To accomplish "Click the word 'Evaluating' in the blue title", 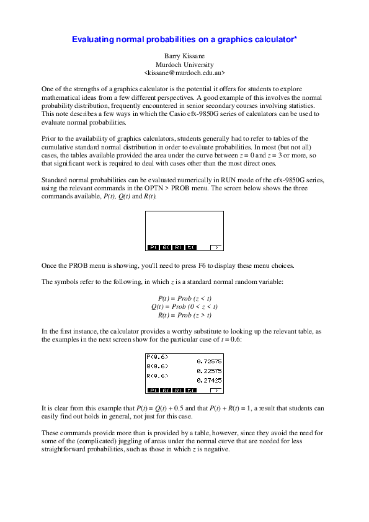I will click(x=91, y=39).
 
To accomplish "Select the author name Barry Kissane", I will click(x=184, y=56).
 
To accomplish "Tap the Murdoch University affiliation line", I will click(x=184, y=64).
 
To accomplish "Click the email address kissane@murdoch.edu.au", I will click(x=184, y=73).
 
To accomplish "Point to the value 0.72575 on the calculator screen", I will click(x=209, y=361).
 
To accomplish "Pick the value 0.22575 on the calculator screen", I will click(x=209, y=371).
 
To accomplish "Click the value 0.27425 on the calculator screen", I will click(x=209, y=380).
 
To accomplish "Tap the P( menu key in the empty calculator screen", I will click(x=153, y=247).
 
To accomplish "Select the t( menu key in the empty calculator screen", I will click(x=190, y=247).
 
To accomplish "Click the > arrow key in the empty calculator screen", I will click(x=215, y=247).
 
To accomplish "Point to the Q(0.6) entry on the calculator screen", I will click(x=157, y=366).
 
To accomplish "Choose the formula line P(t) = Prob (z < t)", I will click(x=184, y=298).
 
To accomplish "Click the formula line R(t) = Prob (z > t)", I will click(x=184, y=315).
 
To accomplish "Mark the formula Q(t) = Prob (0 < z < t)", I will click(x=184, y=307).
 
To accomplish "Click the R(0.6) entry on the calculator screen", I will click(x=157, y=376).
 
